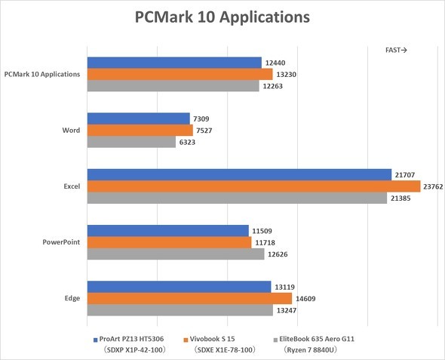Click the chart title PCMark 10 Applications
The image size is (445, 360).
click(222, 16)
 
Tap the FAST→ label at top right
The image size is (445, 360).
click(397, 51)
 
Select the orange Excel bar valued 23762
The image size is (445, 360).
click(253, 186)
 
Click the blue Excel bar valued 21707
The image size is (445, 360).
click(239, 175)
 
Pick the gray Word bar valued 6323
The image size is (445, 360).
click(131, 142)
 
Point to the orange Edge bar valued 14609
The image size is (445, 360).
click(189, 298)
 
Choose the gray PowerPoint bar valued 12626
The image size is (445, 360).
click(176, 254)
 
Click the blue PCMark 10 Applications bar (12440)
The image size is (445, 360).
click(174, 63)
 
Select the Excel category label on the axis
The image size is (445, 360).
click(71, 186)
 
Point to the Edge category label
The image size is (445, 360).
click(72, 298)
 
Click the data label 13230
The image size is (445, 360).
click(287, 74)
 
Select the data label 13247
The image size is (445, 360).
click(288, 309)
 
